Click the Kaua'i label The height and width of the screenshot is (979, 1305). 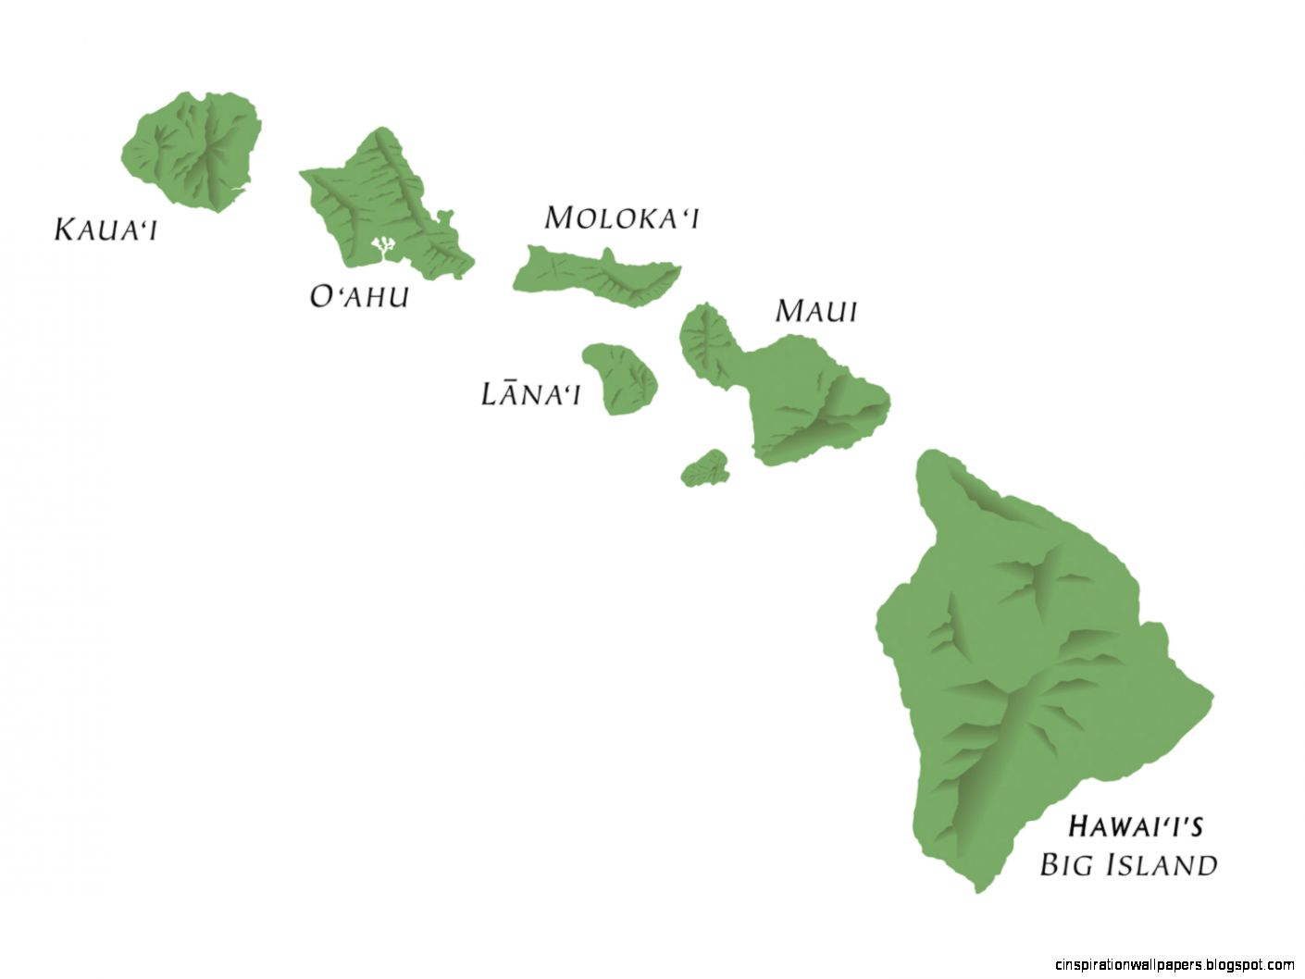point(106,229)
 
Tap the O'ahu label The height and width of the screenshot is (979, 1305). point(359,296)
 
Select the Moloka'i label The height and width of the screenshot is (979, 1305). point(621,218)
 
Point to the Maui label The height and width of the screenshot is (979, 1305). point(815,311)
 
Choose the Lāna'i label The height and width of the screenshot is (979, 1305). point(530,394)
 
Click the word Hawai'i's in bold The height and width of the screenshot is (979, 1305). point(1135,825)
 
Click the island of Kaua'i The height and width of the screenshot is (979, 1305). point(194,148)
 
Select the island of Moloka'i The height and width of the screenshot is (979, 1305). point(597,274)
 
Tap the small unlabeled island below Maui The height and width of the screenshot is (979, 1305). point(706,470)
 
